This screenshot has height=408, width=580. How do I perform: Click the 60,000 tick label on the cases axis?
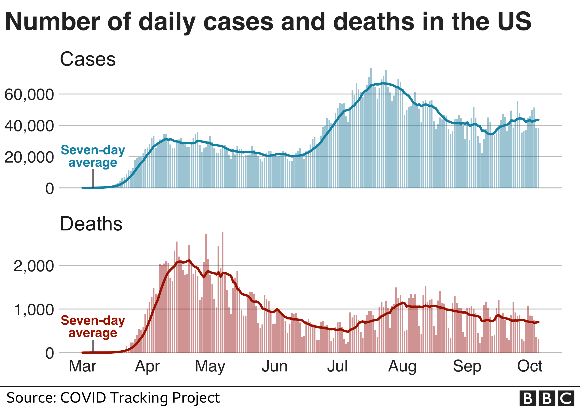click(x=29, y=94)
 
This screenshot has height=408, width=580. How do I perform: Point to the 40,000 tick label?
click(x=29, y=126)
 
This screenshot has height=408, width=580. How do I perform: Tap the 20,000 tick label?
click(x=29, y=157)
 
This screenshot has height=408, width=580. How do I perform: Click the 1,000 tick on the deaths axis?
click(x=34, y=309)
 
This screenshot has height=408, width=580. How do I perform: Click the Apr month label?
click(x=147, y=366)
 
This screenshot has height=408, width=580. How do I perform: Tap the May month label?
click(x=210, y=366)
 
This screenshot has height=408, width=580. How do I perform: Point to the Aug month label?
click(x=402, y=366)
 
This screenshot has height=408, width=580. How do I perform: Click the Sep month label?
click(x=467, y=366)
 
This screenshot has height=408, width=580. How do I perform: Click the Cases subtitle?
click(x=88, y=59)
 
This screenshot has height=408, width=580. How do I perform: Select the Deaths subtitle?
click(x=91, y=224)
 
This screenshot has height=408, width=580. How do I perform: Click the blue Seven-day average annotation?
click(x=93, y=156)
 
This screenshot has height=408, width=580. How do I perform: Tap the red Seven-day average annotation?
click(x=93, y=326)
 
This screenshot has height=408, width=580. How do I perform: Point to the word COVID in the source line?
click(x=83, y=398)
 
